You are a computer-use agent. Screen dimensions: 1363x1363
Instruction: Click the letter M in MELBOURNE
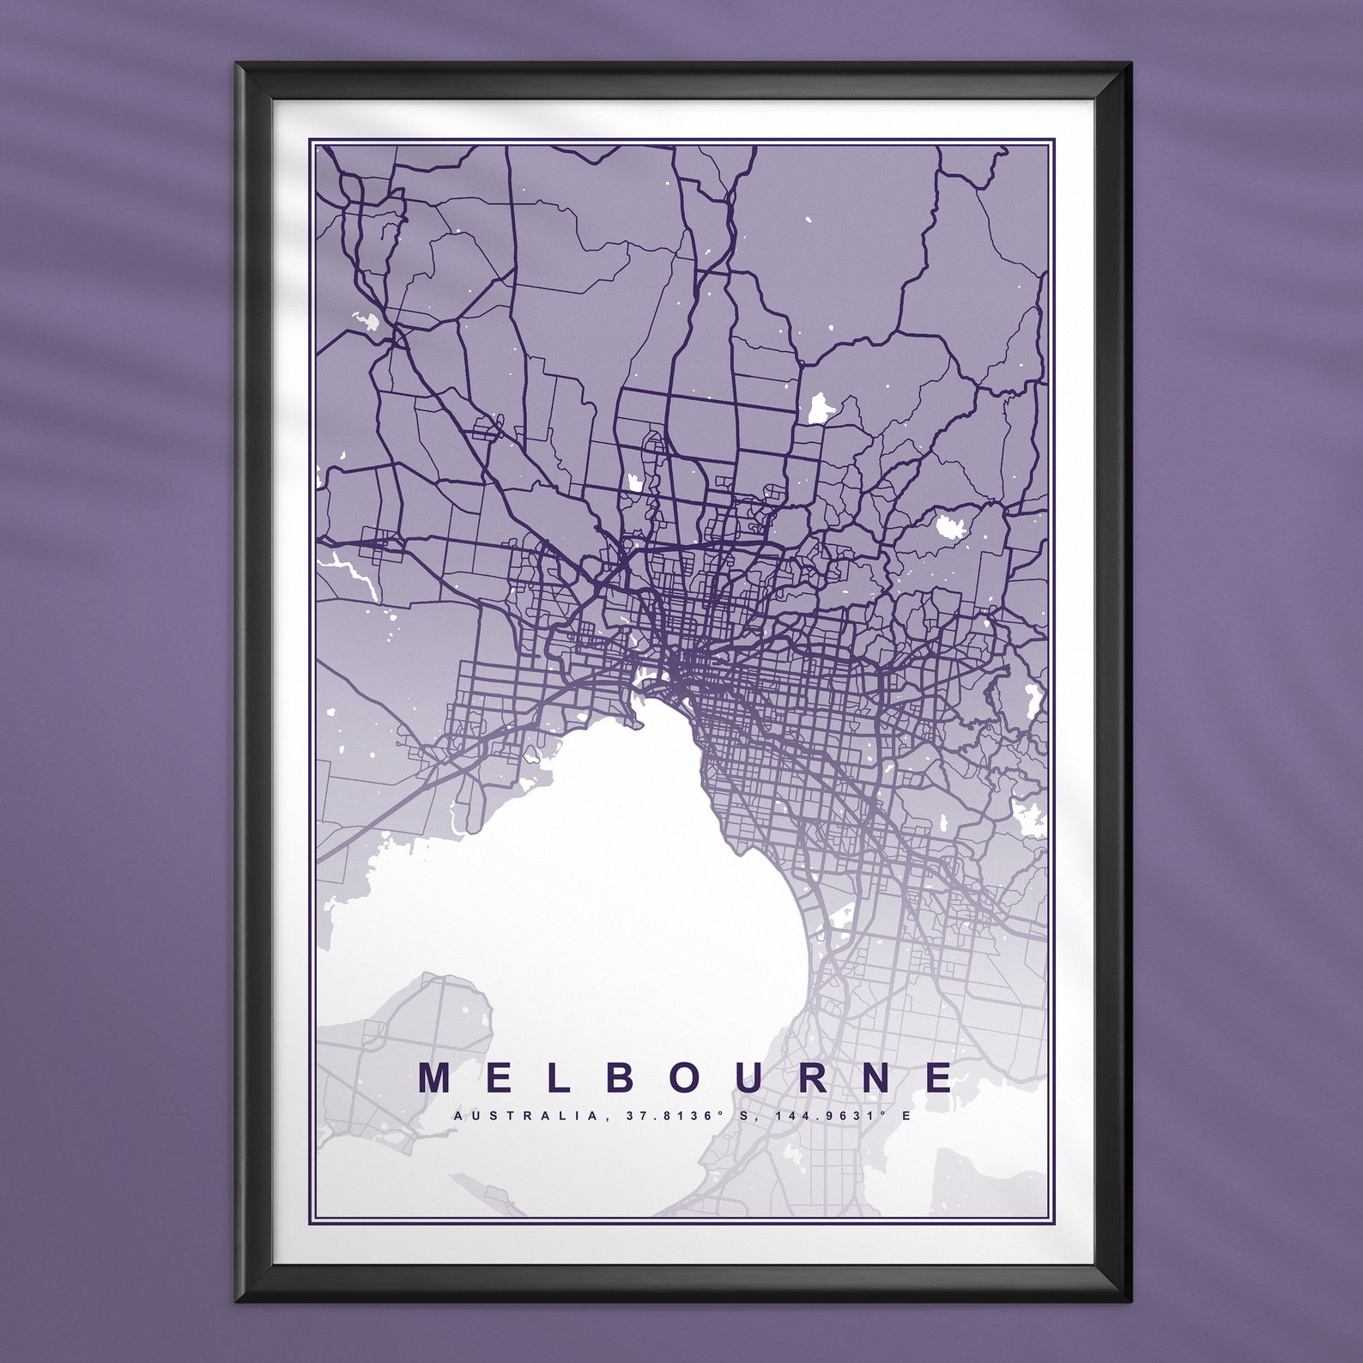[435, 1077]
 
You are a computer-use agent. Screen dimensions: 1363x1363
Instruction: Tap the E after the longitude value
[905, 1116]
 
